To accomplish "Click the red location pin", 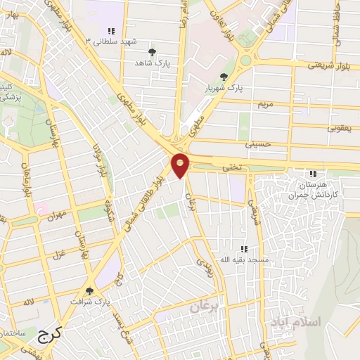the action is (180, 165).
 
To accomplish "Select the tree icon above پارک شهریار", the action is (224, 77).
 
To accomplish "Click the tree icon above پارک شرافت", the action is (89, 290).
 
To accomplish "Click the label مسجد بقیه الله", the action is (245, 260).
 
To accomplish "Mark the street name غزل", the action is (58, 250).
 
